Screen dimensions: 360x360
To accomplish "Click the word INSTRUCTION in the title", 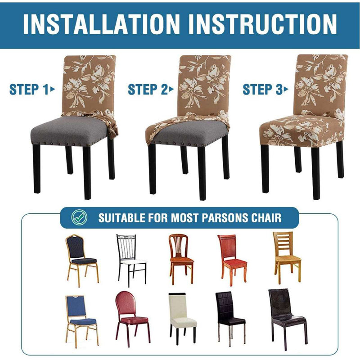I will [261, 23].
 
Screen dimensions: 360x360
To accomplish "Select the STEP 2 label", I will [147, 89].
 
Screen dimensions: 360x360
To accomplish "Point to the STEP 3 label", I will [262, 89].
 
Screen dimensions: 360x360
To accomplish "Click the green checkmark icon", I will [78, 218].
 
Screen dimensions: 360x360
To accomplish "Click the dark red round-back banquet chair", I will [132, 315].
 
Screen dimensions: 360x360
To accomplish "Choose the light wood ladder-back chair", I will [286, 254].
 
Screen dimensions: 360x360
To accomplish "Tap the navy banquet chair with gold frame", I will [81, 256].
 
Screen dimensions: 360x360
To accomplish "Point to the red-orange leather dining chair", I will [232, 256].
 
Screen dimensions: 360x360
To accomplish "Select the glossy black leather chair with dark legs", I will [286, 315].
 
